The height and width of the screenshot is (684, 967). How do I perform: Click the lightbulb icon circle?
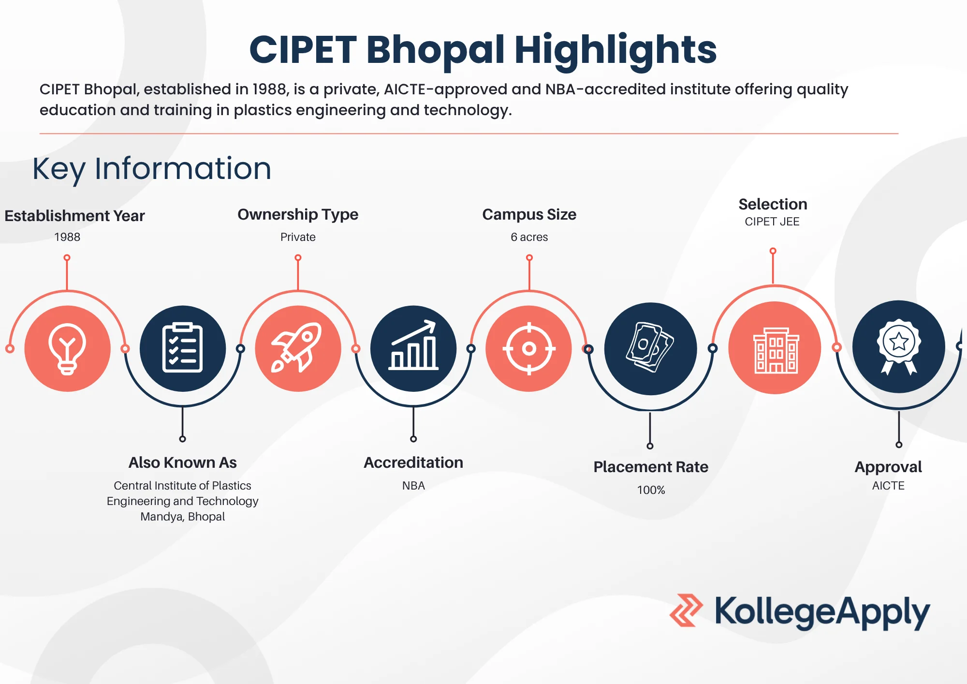67,348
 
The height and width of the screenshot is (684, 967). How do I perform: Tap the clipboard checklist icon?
182,348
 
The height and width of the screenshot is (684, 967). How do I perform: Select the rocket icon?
298,348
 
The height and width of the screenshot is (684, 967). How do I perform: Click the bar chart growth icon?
413,348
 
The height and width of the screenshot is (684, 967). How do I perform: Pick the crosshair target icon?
529,348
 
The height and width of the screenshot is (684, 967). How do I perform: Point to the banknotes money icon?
650,348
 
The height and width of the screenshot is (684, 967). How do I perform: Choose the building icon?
775,348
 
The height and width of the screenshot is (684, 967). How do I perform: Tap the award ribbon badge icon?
898,346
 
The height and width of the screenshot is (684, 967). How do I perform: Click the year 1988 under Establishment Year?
67,237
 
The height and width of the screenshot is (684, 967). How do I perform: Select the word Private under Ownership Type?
298,237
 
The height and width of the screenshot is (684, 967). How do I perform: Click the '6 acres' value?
529,237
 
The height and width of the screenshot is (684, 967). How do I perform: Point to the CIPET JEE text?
772,222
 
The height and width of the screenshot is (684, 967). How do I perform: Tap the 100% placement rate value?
651,490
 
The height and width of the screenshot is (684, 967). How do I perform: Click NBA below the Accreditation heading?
413,486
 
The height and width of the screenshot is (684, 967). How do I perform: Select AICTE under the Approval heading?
888,486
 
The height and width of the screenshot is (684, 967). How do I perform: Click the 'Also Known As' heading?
182,462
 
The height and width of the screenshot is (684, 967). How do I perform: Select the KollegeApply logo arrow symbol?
686,610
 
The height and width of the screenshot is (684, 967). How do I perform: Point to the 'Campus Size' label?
529,214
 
